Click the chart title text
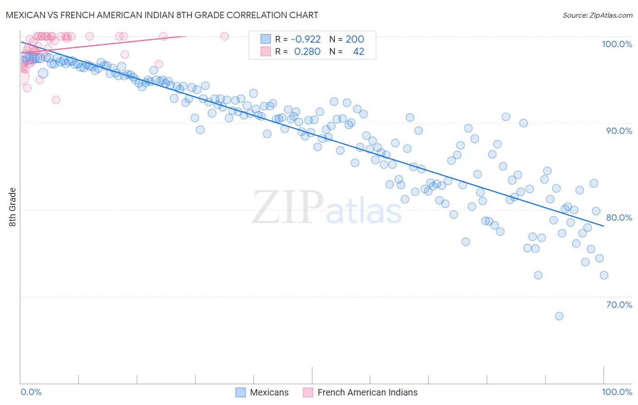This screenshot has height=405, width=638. [162, 15]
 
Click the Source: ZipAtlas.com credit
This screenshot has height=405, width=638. [597, 15]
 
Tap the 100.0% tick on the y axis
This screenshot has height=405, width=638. [617, 44]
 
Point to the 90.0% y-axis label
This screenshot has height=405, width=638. [619, 131]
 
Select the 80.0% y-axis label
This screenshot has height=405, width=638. [619, 217]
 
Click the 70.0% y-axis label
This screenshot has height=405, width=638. [619, 305]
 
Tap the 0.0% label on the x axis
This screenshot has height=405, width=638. [31, 392]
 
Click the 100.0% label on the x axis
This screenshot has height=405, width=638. [617, 392]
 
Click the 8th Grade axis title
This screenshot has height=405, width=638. [12, 207]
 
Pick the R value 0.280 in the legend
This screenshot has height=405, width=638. [307, 52]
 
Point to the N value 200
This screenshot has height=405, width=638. [355, 39]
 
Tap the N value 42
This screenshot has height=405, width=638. [358, 52]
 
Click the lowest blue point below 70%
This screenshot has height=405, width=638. [559, 316]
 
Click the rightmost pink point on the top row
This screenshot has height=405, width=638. [224, 36]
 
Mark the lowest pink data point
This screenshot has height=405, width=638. [56, 100]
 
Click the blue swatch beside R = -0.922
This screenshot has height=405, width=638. [265, 39]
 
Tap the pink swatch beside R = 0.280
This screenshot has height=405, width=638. [265, 52]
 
